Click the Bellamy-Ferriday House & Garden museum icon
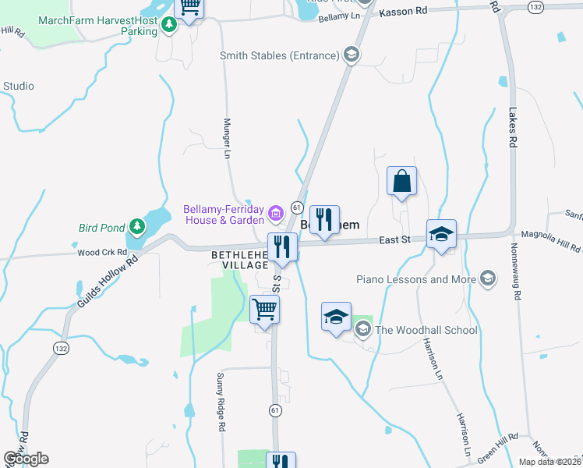point(275,213)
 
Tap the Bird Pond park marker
point(138,227)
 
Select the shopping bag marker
point(402,183)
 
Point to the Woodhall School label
point(426,330)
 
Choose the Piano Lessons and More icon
point(488,278)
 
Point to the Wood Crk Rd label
point(102,253)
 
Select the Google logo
point(26,459)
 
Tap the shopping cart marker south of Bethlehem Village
point(264,310)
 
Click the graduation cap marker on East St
point(441,234)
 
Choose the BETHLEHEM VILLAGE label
point(240,261)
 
